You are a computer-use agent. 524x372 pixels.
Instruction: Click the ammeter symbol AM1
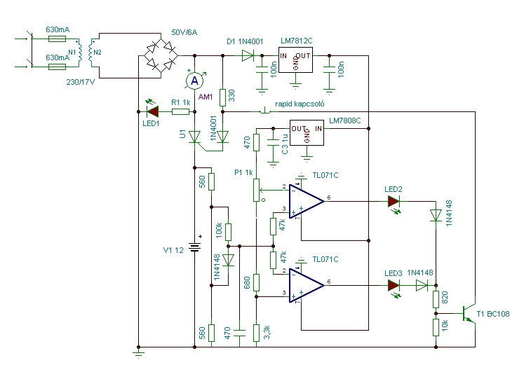[194, 81]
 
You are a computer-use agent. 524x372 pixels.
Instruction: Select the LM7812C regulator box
[295, 60]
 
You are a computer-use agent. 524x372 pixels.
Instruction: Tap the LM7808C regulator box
[307, 133]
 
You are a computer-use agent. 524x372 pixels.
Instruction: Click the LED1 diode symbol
[153, 111]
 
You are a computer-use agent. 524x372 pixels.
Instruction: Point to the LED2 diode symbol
[394, 202]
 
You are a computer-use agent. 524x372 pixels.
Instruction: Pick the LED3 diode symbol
[394, 286]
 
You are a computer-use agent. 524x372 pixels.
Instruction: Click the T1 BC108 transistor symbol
[469, 314]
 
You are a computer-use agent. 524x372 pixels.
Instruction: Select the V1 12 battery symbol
[195, 247]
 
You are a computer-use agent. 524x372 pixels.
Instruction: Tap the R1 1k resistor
[180, 112]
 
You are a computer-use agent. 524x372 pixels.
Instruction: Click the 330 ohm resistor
[223, 97]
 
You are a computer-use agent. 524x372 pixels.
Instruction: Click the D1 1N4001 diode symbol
[248, 56]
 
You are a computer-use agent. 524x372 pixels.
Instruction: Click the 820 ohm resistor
[436, 299]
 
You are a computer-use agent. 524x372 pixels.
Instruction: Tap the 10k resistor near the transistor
[436, 327]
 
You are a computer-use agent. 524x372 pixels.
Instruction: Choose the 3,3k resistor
[256, 333]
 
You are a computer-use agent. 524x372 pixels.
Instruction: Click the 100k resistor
[228, 232]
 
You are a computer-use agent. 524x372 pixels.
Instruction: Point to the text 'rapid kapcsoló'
[300, 104]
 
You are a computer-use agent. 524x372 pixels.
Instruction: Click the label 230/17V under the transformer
[81, 82]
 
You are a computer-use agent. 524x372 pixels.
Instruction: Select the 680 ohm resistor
[256, 282]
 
